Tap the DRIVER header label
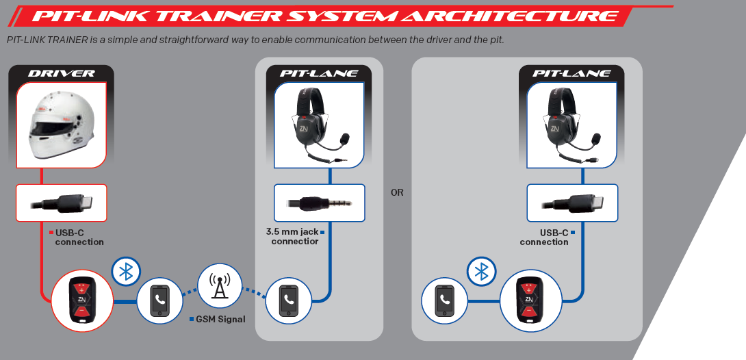pyautogui.click(x=62, y=73)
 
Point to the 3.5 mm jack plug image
pyautogui.click(x=319, y=203)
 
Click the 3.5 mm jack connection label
pyautogui.click(x=293, y=237)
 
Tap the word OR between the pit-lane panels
pyautogui.click(x=397, y=193)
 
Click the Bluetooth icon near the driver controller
pyautogui.click(x=126, y=271)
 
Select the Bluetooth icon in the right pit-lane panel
pyautogui.click(x=481, y=271)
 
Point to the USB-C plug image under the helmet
pyautogui.click(x=62, y=203)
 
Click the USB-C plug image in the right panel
pyautogui.click(x=572, y=203)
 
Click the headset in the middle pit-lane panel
pyautogui.click(x=319, y=127)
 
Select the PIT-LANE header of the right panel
pyautogui.click(x=572, y=73)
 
